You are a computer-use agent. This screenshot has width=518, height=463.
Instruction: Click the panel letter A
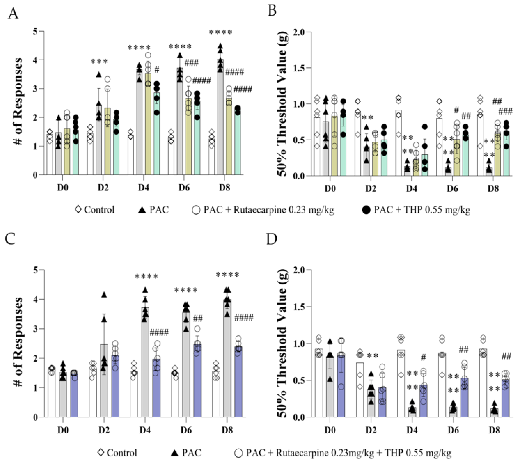[13, 14]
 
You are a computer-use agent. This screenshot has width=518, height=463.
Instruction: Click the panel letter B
[272, 11]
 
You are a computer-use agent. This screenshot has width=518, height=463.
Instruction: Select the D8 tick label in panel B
[493, 189]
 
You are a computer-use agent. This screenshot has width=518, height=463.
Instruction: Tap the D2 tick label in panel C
[104, 430]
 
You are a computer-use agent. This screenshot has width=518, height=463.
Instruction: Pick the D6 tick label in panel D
[453, 430]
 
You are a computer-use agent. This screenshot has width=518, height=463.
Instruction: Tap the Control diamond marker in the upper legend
[78, 210]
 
